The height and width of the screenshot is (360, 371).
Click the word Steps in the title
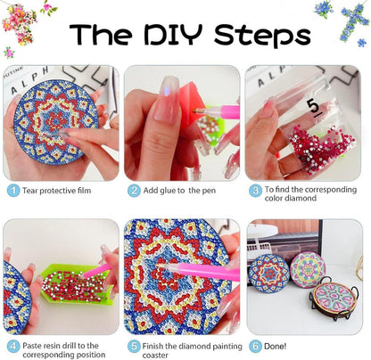coord(262,37)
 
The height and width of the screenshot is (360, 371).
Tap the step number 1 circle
coord(12,191)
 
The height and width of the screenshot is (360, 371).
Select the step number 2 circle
coord(134,191)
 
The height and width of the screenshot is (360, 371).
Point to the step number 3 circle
coord(255,191)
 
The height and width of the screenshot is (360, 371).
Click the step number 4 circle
coord(12,347)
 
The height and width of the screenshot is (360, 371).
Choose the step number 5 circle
coord(134,347)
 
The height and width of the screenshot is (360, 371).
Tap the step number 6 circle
coord(255,347)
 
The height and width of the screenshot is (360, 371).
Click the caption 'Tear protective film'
coord(57,191)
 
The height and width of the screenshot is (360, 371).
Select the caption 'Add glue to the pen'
coord(179,191)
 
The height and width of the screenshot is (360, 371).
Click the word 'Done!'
coord(276,347)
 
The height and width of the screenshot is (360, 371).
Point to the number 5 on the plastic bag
coord(314,107)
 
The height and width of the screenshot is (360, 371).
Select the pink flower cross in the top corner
coord(19,24)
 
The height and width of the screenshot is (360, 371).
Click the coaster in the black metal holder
coord(334,298)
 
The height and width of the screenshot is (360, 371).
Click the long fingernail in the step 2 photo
coord(167,99)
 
